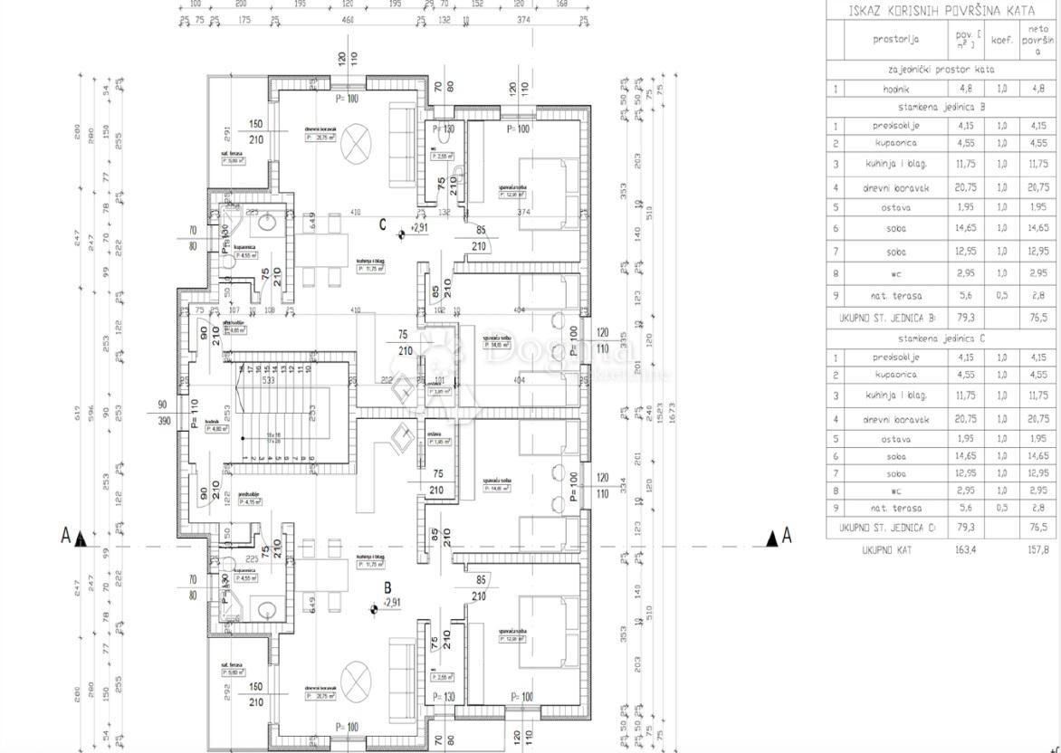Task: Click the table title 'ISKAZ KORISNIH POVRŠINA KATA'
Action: (942, 11)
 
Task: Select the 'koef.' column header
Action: (1001, 40)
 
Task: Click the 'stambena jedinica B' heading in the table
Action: (942, 107)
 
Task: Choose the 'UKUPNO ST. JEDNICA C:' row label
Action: (888, 528)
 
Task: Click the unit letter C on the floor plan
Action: (383, 224)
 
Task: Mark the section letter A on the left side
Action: (65, 537)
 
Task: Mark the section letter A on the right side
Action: (786, 537)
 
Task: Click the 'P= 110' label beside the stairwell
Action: (195, 418)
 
